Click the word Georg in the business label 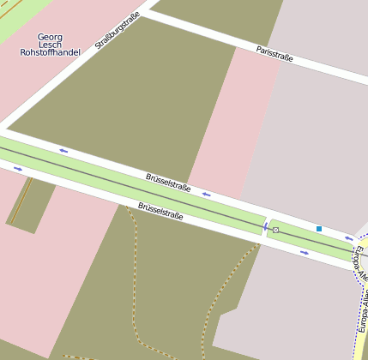click(50, 37)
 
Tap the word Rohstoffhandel click(50, 52)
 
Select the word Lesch click(50, 45)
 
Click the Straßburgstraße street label click(118, 31)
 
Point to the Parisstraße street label click(274, 53)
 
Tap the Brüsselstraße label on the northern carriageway click(168, 182)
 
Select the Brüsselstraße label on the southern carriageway click(160, 211)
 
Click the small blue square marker click(319, 228)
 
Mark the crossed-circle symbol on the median click(275, 230)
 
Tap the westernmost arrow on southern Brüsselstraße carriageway click(18, 169)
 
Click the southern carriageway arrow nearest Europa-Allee click(305, 253)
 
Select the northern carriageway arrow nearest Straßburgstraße click(63, 151)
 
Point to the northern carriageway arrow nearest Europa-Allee click(348, 238)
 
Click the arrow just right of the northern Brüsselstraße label click(206, 194)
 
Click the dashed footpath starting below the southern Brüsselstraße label click(135, 274)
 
